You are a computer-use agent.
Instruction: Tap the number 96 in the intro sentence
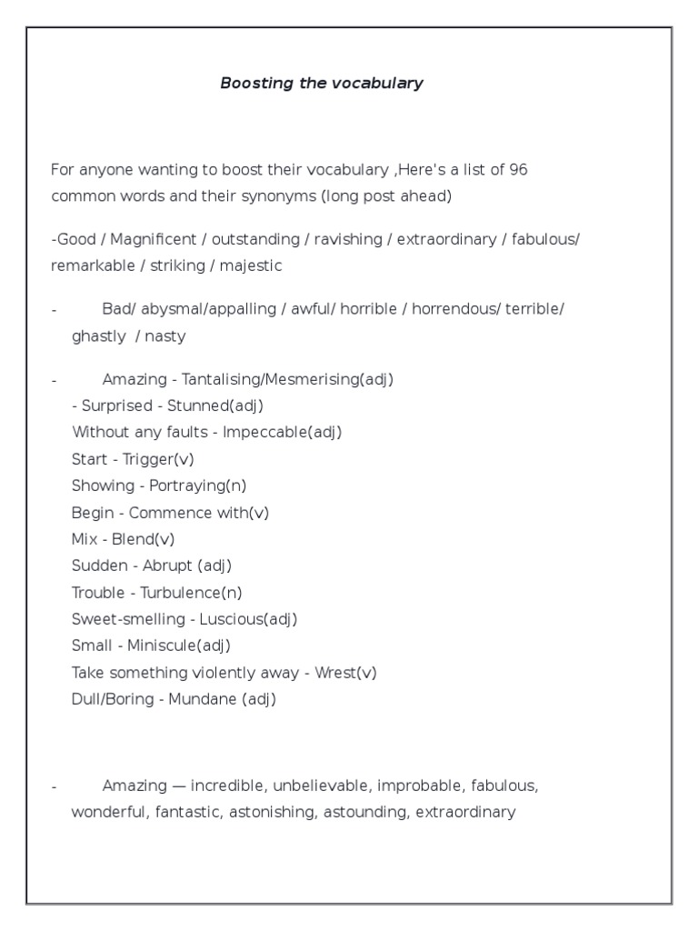pos(518,170)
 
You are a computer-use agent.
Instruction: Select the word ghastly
pos(99,335)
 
